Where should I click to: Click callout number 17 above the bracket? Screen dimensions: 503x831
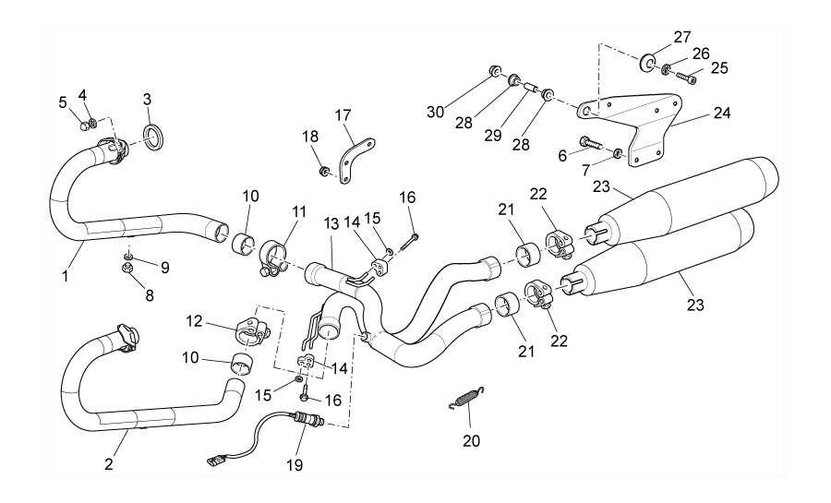(343, 115)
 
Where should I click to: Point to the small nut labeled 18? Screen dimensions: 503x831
(324, 171)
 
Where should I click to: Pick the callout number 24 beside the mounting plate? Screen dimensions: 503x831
(721, 115)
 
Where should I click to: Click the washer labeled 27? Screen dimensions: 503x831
(649, 64)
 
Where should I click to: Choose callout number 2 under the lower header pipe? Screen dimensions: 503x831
(108, 464)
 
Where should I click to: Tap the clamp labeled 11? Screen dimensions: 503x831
(275, 254)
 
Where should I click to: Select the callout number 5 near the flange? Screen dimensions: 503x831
(64, 102)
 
